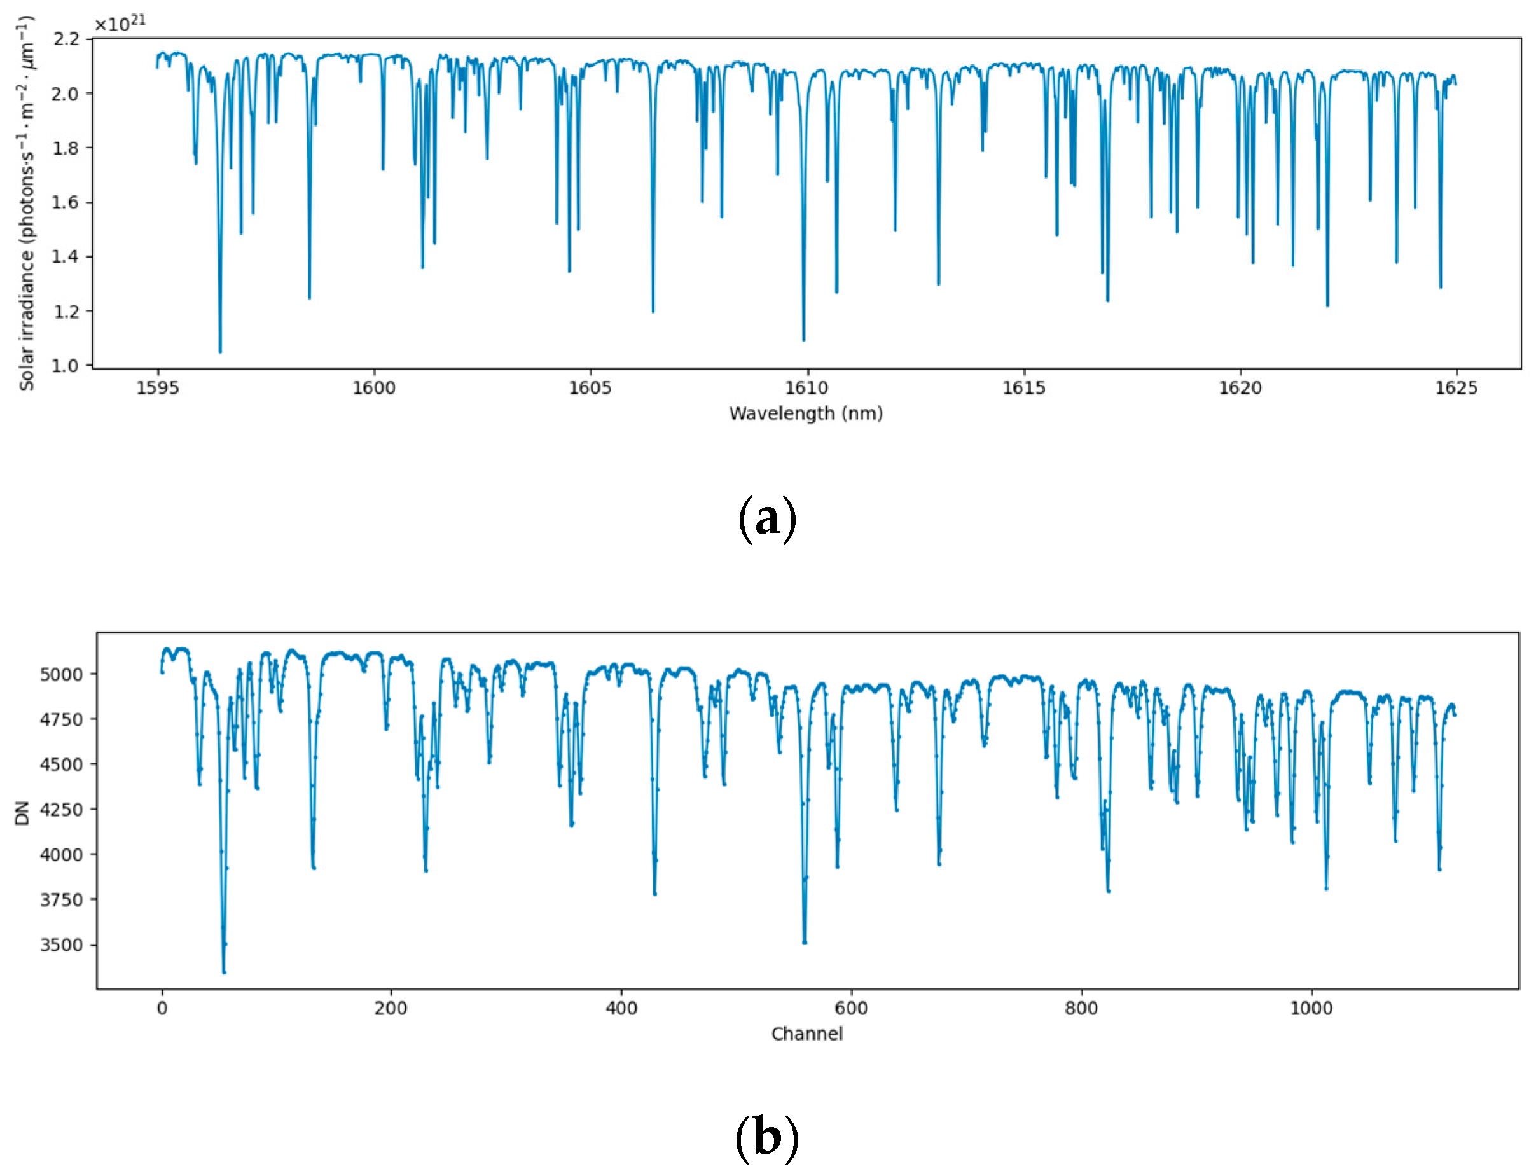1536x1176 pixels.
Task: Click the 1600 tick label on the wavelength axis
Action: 373,388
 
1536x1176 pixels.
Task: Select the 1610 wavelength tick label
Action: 806,388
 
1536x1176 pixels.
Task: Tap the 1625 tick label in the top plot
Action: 1456,388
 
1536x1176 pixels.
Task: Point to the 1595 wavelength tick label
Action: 158,388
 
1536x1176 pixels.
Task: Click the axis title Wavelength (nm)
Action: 806,413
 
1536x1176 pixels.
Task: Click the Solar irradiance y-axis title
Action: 26,203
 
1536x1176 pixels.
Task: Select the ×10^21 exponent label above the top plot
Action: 120,23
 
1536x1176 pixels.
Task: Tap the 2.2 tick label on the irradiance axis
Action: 67,39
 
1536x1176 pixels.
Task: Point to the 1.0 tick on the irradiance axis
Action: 67,366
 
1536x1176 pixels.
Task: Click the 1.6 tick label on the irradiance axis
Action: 67,202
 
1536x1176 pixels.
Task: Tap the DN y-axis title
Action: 22,813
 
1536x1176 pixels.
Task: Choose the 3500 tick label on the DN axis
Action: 61,945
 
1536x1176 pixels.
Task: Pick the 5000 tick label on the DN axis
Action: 61,674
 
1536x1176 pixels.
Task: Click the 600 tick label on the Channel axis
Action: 850,1008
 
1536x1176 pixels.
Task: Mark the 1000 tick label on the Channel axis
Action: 1311,1008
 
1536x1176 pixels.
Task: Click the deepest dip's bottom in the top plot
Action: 220,352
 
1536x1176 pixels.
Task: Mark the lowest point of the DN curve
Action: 224,972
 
